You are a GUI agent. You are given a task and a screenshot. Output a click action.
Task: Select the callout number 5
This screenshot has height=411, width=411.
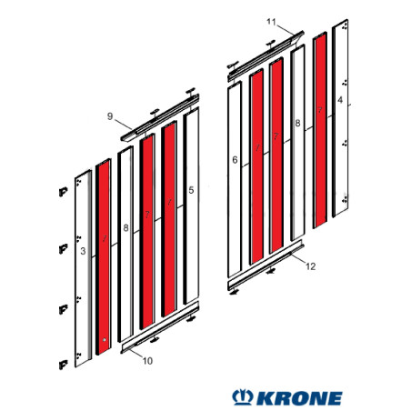click(x=191, y=190)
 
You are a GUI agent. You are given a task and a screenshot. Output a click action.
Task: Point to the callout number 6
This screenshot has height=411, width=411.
click(x=235, y=160)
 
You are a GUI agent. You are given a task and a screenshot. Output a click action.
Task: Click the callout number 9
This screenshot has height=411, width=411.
click(x=109, y=116)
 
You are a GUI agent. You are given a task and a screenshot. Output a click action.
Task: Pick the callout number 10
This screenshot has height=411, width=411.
click(x=148, y=361)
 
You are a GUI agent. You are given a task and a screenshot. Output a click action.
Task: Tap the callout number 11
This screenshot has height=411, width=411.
click(x=270, y=20)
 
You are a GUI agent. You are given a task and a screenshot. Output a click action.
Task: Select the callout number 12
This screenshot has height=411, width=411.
click(x=311, y=266)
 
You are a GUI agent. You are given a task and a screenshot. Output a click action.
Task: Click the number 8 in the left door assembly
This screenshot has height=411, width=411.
click(x=125, y=227)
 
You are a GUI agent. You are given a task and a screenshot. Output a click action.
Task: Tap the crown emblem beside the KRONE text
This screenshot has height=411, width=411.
click(x=244, y=398)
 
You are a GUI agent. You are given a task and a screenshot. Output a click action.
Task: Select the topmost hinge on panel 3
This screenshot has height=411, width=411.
click(x=63, y=193)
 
